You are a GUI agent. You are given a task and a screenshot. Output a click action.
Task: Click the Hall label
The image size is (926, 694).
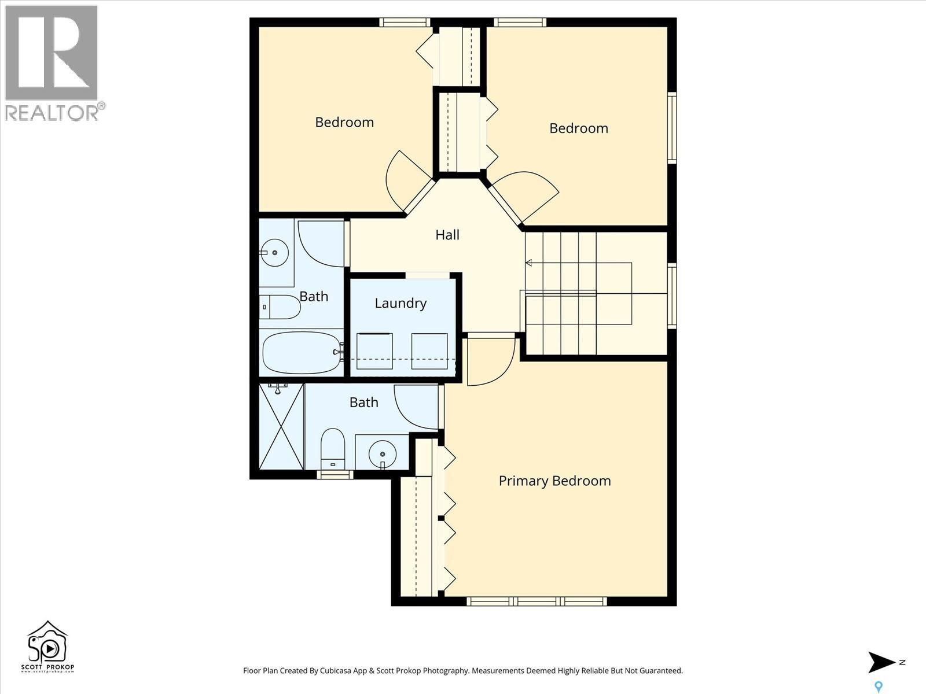click(447, 235)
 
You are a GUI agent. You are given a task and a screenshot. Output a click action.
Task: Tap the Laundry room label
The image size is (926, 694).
click(400, 303)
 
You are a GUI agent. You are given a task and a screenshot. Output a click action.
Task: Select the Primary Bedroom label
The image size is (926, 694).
click(554, 481)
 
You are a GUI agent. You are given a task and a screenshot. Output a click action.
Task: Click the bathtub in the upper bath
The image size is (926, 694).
click(302, 353)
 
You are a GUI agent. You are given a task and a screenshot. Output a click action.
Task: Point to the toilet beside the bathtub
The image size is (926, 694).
click(280, 307)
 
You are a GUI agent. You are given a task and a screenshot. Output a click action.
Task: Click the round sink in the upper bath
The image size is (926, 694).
click(274, 253)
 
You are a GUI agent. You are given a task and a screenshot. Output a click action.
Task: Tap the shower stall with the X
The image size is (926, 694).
click(281, 426)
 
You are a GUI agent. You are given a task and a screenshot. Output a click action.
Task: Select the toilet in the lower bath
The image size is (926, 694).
click(333, 448)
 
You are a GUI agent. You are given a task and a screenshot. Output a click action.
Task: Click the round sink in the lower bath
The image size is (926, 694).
click(382, 452)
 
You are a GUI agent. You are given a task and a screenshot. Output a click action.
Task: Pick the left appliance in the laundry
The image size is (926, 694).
click(374, 351)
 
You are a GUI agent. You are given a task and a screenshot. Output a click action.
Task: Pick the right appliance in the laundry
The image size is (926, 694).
click(429, 351)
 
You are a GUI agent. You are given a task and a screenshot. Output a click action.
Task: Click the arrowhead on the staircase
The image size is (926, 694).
click(528, 263)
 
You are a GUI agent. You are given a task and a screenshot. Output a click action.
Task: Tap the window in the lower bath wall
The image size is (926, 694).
click(335, 475)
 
